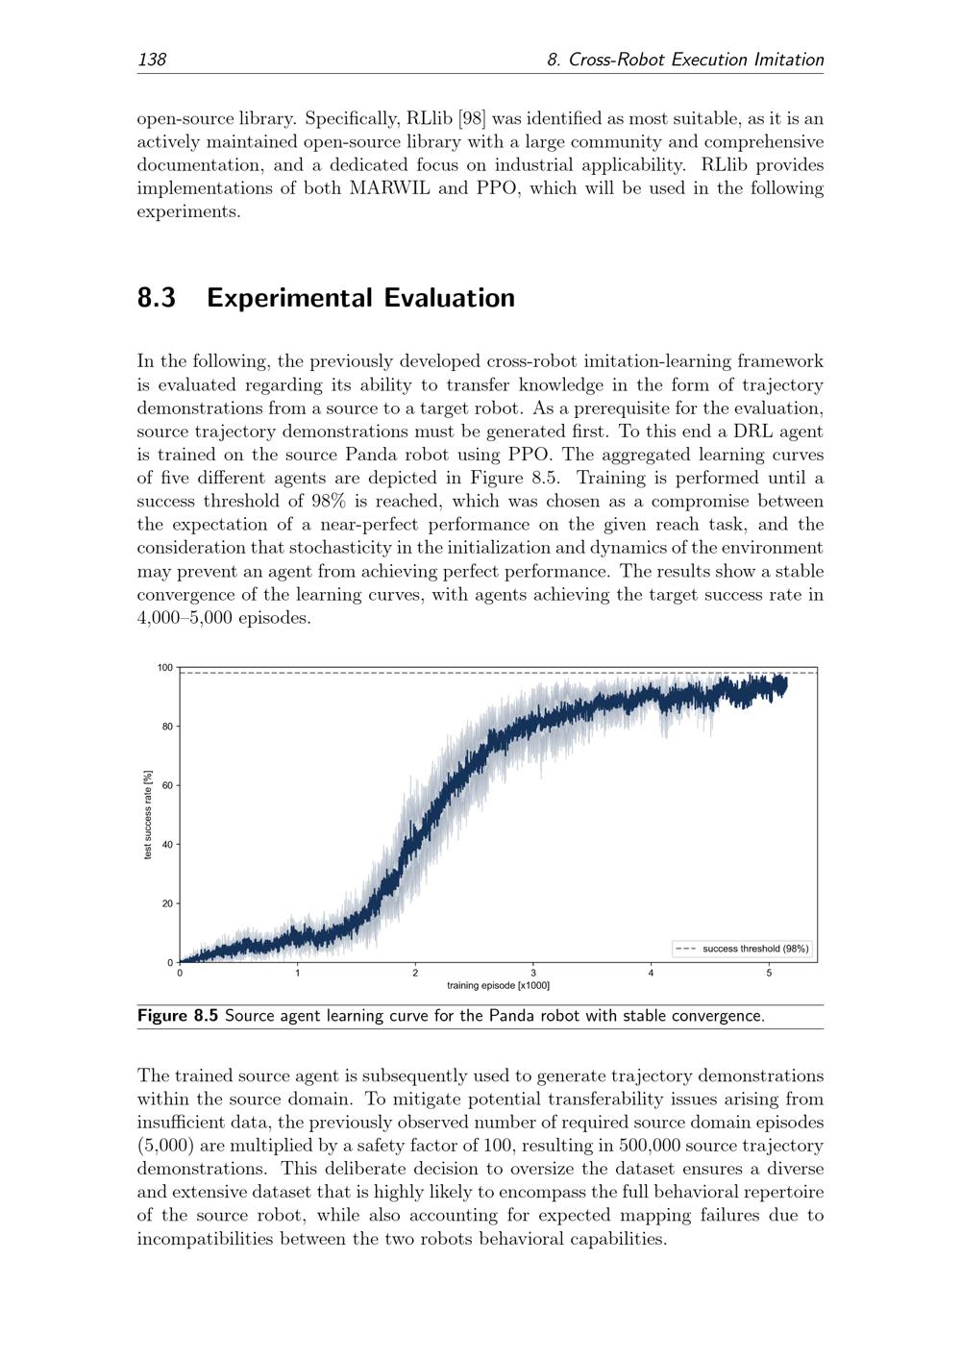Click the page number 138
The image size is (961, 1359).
pos(152,60)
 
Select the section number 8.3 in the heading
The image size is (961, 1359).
pos(157,298)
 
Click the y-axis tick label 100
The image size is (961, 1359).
pos(165,668)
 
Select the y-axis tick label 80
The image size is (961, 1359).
pos(167,727)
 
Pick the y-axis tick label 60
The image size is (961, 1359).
pos(167,786)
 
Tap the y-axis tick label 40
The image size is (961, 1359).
pos(167,845)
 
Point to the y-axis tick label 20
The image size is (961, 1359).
pos(167,903)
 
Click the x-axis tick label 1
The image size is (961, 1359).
pos(298,974)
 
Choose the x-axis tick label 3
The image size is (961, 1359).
pos(533,974)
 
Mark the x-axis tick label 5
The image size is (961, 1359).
pos(769,974)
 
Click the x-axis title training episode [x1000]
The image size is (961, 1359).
pos(498,986)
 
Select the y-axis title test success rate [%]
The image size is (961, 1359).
pos(148,815)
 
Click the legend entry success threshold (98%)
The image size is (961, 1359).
pos(755,949)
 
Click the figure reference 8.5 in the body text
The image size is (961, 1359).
pos(543,478)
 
